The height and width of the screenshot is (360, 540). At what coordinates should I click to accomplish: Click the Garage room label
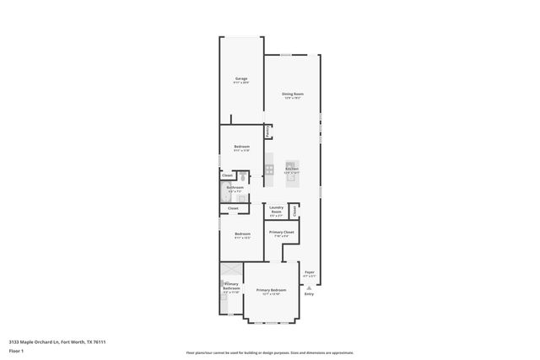point(241,78)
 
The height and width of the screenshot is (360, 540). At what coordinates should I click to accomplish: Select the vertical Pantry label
point(267,132)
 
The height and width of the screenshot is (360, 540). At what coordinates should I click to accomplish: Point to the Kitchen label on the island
point(292,169)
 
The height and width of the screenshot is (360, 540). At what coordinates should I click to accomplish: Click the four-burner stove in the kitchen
point(270,170)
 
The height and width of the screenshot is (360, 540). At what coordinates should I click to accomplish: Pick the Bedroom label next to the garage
point(241,147)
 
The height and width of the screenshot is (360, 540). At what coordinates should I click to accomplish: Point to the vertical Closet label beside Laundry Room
point(294,211)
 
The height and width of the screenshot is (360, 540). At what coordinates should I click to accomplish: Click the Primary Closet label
point(281,233)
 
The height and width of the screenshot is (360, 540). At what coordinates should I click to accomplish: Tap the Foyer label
point(310,272)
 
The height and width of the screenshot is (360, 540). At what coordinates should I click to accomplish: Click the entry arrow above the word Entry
point(309,287)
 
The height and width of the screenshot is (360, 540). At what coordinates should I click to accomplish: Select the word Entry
point(309,293)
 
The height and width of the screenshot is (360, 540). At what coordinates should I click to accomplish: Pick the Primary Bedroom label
point(272,290)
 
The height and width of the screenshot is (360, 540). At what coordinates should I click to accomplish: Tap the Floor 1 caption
point(16,350)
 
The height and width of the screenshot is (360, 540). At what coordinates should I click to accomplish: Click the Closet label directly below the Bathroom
point(233,208)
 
